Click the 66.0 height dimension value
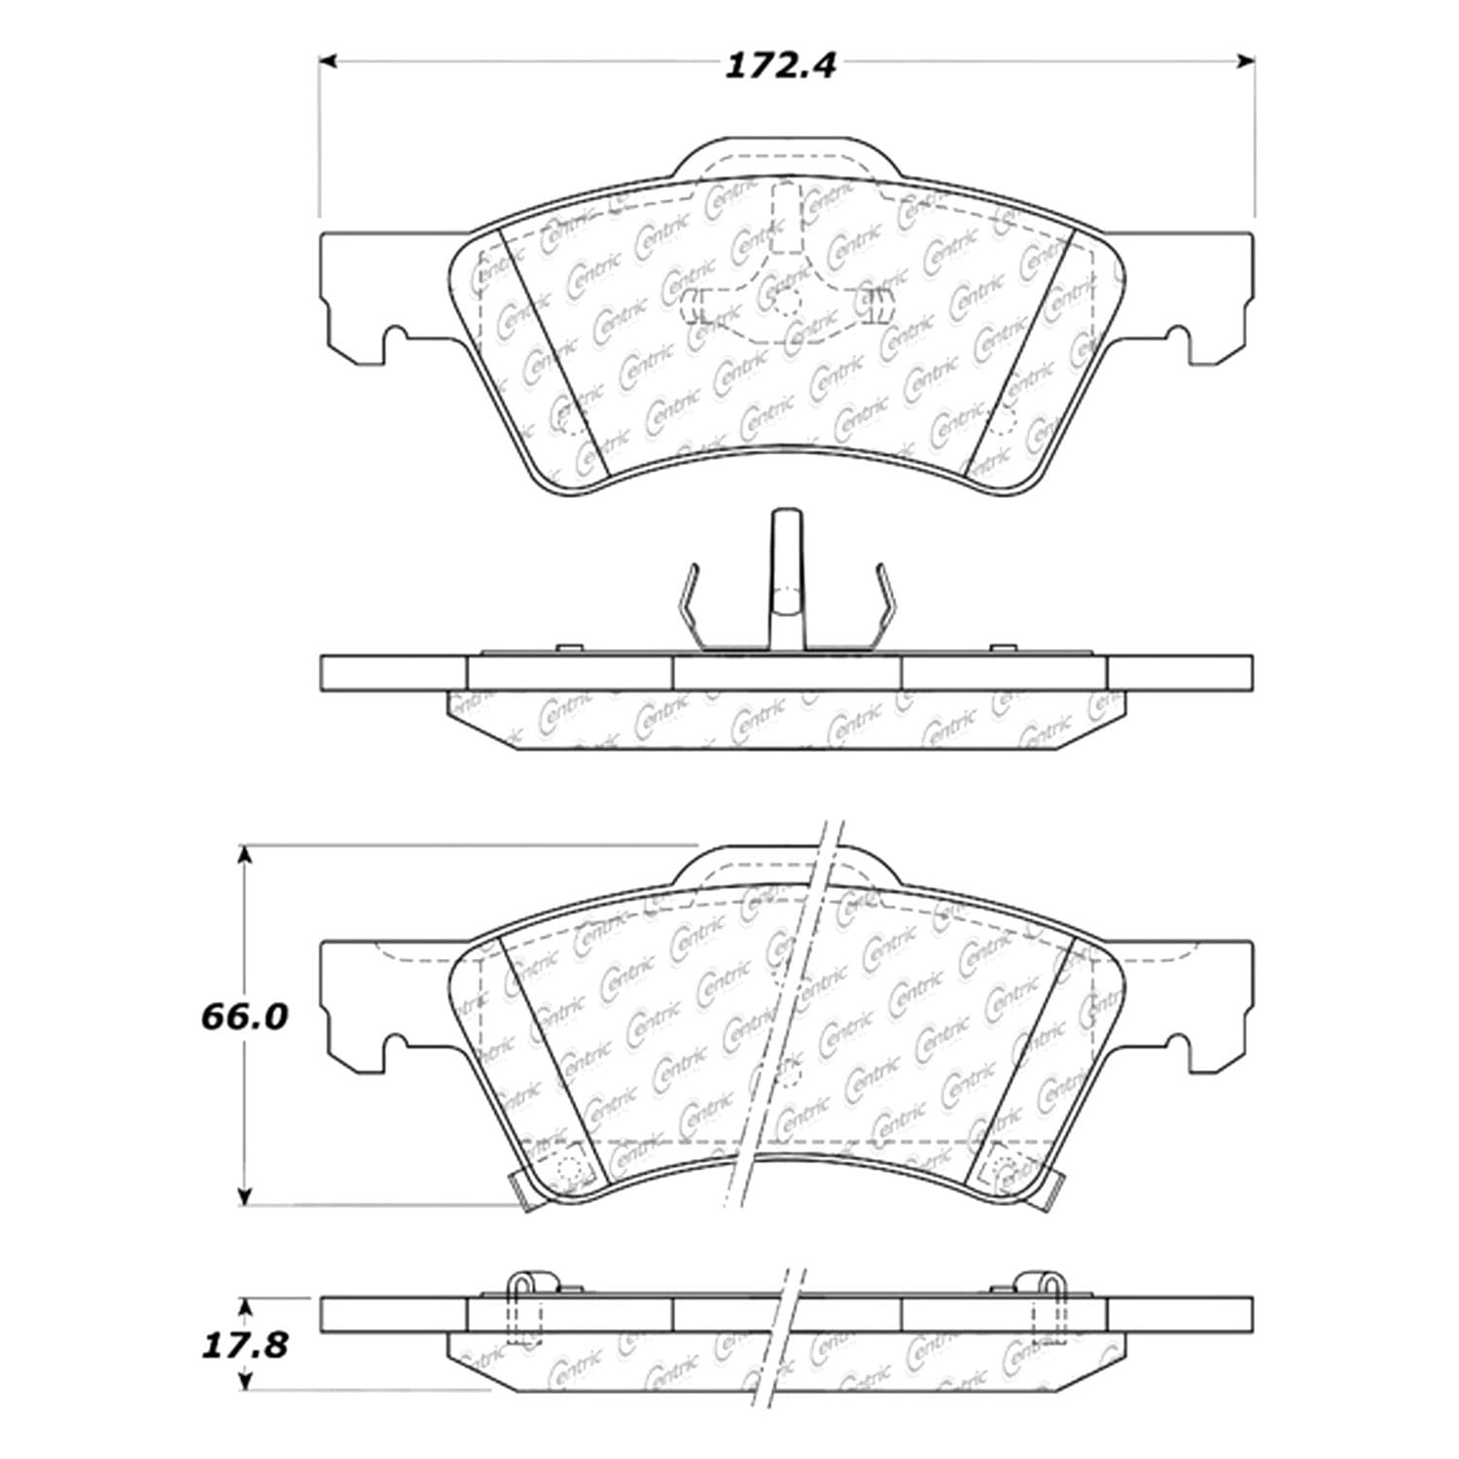244,1017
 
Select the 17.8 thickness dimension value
245,1346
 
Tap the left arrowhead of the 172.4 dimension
328,61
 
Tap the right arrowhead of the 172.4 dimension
1244,61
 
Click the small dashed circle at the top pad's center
787,302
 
